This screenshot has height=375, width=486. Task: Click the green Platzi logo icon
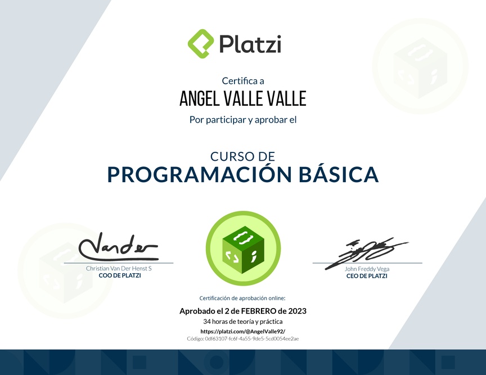coord(201,43)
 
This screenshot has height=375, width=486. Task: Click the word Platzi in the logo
coord(250,44)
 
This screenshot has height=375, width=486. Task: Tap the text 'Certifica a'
coord(243,81)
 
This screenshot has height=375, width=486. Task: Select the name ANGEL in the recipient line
coord(199,98)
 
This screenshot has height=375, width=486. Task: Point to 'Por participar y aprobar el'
coord(243,120)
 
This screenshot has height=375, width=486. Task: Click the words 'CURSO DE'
coord(242,156)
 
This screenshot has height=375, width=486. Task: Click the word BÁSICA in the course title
coord(339,174)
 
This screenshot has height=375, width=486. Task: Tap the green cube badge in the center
coord(243,249)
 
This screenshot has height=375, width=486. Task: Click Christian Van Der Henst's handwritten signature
coord(118,247)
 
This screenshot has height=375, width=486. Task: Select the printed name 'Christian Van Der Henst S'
coord(119,268)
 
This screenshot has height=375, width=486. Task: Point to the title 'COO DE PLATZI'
coord(120,275)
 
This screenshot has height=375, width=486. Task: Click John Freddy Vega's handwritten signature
coord(366,253)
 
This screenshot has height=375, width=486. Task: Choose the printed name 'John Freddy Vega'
coord(367,269)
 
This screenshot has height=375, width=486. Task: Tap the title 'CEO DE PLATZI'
coord(367,276)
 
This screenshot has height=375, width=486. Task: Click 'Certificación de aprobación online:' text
coord(242,299)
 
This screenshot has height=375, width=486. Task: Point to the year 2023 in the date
coord(297,311)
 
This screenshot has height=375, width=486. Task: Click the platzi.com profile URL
coord(243,331)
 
